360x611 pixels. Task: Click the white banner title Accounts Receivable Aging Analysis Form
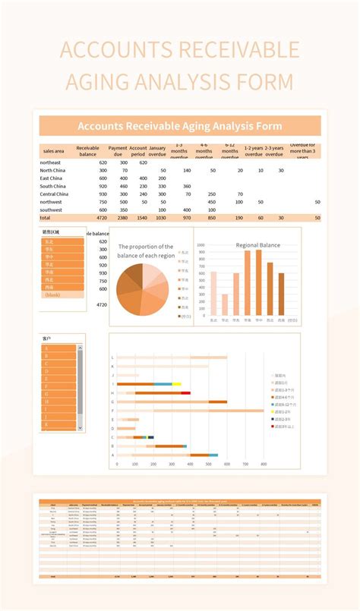tap(181, 126)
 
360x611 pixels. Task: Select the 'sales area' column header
tap(54, 152)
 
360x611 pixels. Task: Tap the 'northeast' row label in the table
tap(52, 162)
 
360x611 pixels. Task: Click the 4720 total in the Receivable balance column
tap(102, 218)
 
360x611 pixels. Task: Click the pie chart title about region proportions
tap(146, 250)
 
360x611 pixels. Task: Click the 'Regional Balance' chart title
tap(258, 245)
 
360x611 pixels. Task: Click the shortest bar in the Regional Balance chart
tap(224, 304)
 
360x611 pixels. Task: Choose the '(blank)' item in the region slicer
tap(55, 294)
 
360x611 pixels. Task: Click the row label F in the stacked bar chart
tap(112, 411)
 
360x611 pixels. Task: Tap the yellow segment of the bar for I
tap(177, 384)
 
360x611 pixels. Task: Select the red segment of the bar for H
tap(185, 393)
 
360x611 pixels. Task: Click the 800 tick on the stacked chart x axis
tap(264, 464)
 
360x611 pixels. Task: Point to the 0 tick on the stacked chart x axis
tap(117, 464)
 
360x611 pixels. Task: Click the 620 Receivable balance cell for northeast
tap(103, 162)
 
